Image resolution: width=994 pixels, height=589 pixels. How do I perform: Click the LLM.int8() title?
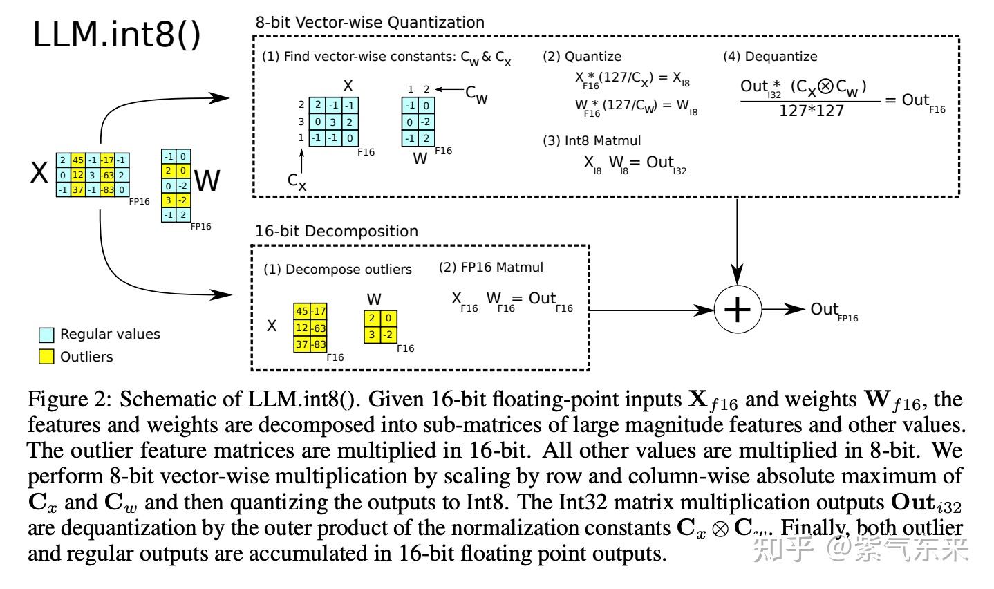(x=117, y=35)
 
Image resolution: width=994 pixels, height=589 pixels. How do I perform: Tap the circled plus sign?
(x=737, y=310)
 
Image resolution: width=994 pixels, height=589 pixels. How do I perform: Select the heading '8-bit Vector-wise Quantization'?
(x=370, y=22)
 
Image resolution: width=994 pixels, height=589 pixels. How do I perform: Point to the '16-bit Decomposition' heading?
(x=337, y=231)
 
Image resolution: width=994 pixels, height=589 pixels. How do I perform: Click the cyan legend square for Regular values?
(x=46, y=335)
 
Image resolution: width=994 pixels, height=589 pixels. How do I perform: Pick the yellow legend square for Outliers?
(x=46, y=357)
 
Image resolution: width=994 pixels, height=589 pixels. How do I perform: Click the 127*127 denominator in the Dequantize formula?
(x=811, y=111)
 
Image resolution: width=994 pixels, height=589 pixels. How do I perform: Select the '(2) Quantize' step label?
(x=581, y=57)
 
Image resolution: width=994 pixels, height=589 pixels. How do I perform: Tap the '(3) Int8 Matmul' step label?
(x=592, y=140)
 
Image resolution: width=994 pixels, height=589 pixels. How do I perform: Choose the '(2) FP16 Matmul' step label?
(x=491, y=267)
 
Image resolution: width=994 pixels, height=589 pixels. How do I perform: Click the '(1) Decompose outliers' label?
(x=337, y=269)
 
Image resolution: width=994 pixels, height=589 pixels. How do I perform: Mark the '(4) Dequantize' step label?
(x=770, y=57)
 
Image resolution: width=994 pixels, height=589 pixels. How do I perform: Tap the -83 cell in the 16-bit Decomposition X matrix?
(x=319, y=344)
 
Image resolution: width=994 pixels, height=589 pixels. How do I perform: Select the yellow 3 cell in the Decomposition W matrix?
(x=372, y=335)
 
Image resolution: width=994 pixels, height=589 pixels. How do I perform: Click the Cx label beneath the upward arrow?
(x=297, y=181)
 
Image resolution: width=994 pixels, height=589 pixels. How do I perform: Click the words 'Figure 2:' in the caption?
(x=70, y=400)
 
